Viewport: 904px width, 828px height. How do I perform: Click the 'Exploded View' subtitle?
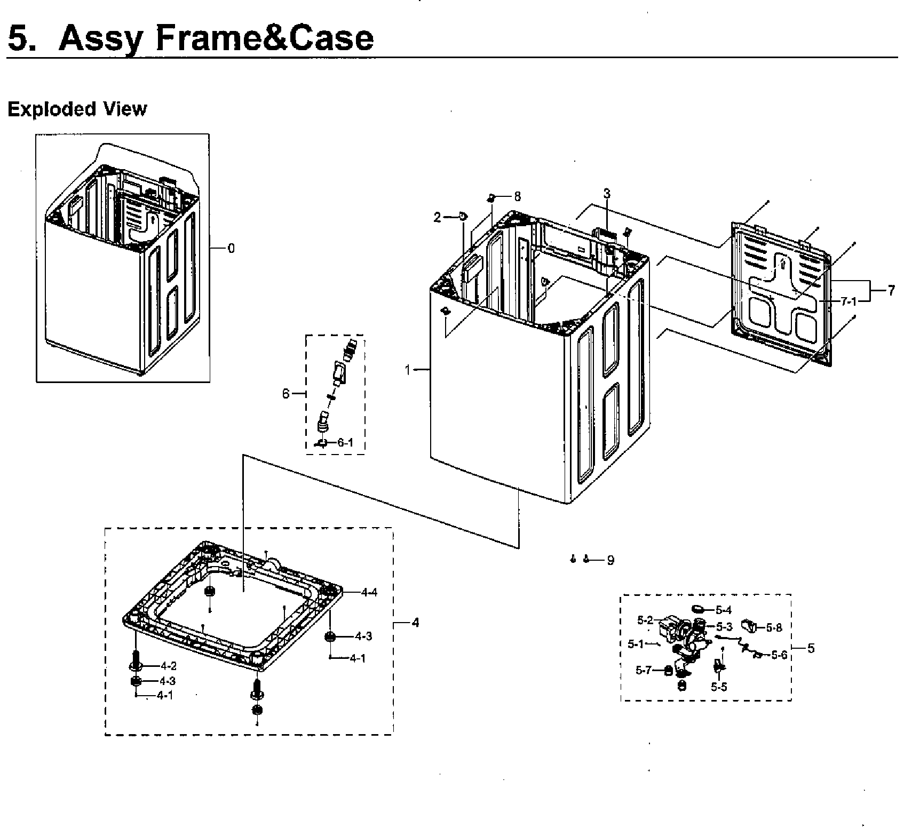point(77,109)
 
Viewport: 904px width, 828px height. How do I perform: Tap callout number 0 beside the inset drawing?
point(231,248)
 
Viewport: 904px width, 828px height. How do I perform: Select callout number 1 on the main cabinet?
point(408,369)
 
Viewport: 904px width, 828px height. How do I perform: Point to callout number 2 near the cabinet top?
point(438,217)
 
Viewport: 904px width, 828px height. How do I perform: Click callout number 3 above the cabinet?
point(607,194)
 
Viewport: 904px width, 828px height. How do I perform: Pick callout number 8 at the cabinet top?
point(517,197)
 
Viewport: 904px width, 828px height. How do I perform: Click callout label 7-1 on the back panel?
point(848,301)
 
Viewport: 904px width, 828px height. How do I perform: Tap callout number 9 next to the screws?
point(610,560)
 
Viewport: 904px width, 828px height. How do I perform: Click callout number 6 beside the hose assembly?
point(286,394)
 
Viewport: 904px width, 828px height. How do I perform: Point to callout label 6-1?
point(345,443)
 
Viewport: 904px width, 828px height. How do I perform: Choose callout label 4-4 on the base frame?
point(369,592)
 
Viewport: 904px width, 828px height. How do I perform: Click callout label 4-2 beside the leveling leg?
point(168,666)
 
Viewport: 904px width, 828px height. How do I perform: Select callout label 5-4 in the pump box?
point(724,610)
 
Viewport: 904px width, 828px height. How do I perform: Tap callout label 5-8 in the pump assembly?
point(774,628)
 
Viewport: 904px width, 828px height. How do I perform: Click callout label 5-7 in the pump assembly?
point(644,671)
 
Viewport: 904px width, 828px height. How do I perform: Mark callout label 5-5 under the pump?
point(719,687)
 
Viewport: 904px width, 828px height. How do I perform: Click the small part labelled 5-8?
point(751,626)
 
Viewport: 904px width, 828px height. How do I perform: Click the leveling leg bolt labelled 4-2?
point(135,660)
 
